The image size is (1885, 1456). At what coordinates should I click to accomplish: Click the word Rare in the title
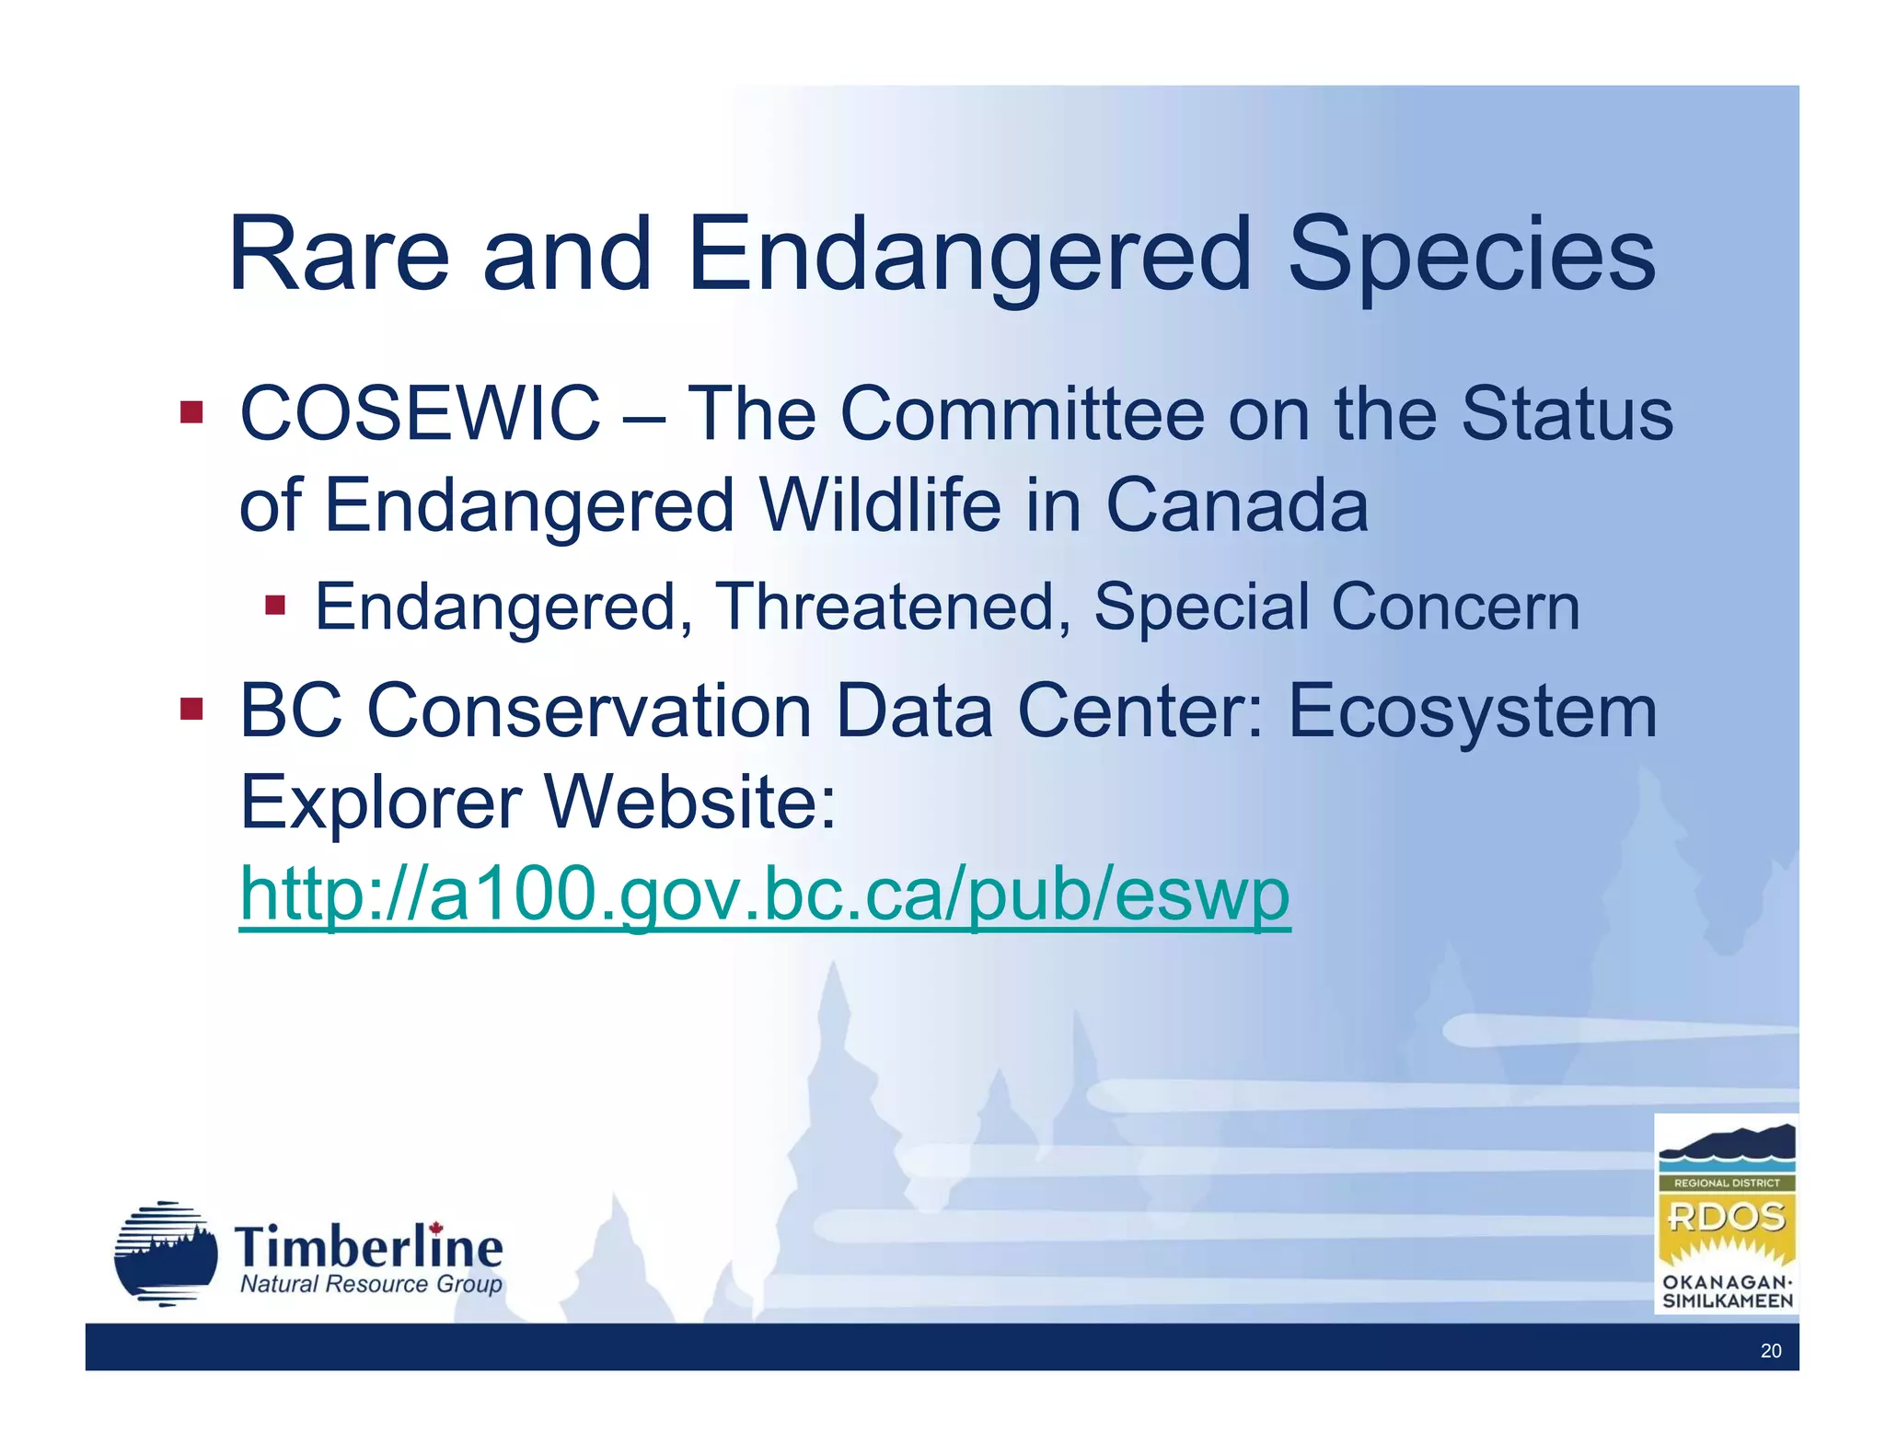pos(339,255)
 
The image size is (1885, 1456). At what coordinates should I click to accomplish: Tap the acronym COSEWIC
pos(420,414)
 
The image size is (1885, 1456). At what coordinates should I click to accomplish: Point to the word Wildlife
pos(879,505)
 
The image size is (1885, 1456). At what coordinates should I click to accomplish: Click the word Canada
pos(1236,505)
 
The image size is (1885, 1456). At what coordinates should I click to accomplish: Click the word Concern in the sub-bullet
pos(1455,607)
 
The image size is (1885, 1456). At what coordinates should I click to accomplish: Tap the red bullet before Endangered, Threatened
pos(275,606)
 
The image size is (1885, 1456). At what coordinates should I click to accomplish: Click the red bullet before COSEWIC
pos(191,411)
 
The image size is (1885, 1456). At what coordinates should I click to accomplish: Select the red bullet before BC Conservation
pos(191,709)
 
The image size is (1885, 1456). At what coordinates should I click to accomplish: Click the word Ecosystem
pos(1472,711)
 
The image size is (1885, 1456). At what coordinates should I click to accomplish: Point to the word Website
pos(690,802)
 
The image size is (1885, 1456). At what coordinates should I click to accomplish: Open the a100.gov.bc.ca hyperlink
pos(764,894)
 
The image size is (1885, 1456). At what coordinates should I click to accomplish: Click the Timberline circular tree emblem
pos(166,1254)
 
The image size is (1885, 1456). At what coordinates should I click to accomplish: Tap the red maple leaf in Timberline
pos(436,1229)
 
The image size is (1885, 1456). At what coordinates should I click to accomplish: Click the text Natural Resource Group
pos(371,1284)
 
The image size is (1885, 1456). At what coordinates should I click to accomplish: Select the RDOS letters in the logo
pos(1726,1217)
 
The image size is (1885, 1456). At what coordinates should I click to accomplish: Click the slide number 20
pos(1770,1350)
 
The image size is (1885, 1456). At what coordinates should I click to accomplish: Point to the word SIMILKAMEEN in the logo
pos(1727,1300)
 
